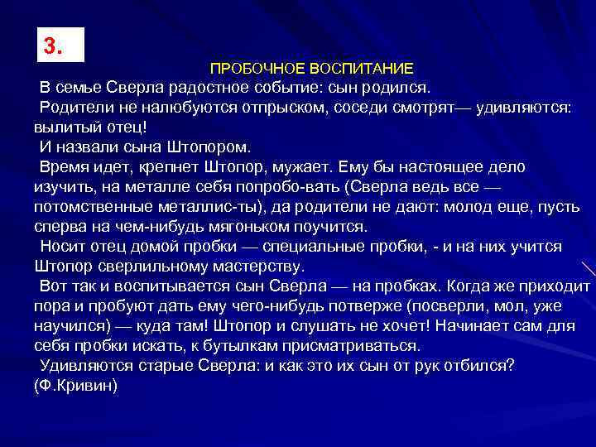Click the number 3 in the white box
(53, 46)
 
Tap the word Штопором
(209, 147)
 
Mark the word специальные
(340, 247)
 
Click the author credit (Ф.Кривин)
(77, 386)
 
